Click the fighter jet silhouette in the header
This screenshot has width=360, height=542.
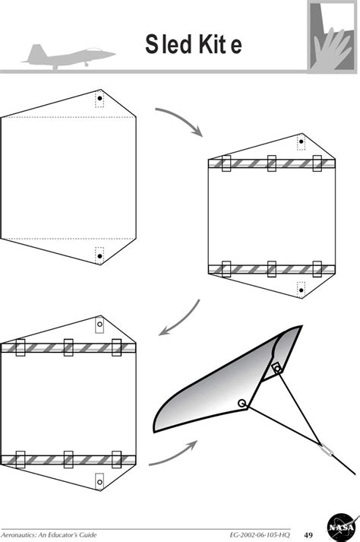68,55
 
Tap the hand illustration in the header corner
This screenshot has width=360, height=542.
332,39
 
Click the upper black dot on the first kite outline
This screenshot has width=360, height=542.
99,99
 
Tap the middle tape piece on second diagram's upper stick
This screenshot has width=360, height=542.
271,164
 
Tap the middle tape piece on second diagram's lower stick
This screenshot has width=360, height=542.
271,268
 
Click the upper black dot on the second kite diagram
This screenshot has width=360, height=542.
301,141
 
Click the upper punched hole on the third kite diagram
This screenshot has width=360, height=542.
99,325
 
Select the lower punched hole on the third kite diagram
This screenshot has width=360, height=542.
99,479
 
